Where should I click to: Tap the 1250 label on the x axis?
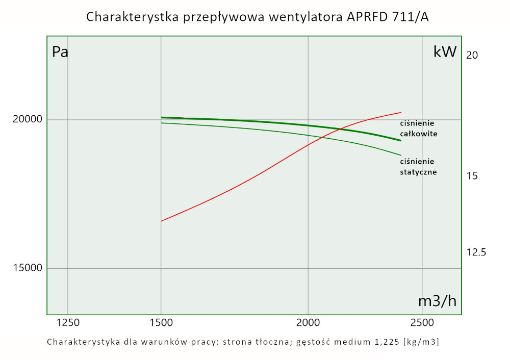coord(68,322)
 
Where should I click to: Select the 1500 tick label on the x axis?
coord(161,322)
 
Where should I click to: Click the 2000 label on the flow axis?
coord(308,322)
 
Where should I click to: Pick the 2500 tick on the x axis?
coord(422,322)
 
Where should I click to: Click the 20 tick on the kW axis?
coord(472,55)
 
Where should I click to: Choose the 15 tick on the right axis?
coord(472,176)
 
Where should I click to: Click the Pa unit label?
coord(60,52)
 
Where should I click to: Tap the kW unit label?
coord(445,52)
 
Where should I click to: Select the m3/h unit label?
coord(437,301)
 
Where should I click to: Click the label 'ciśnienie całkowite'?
coord(419,128)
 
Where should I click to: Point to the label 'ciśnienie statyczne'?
coord(418,167)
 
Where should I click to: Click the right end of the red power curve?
coord(401,112)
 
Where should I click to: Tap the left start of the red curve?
coord(161,221)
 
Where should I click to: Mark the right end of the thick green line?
coord(401,141)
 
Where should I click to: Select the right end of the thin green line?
coord(401,155)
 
